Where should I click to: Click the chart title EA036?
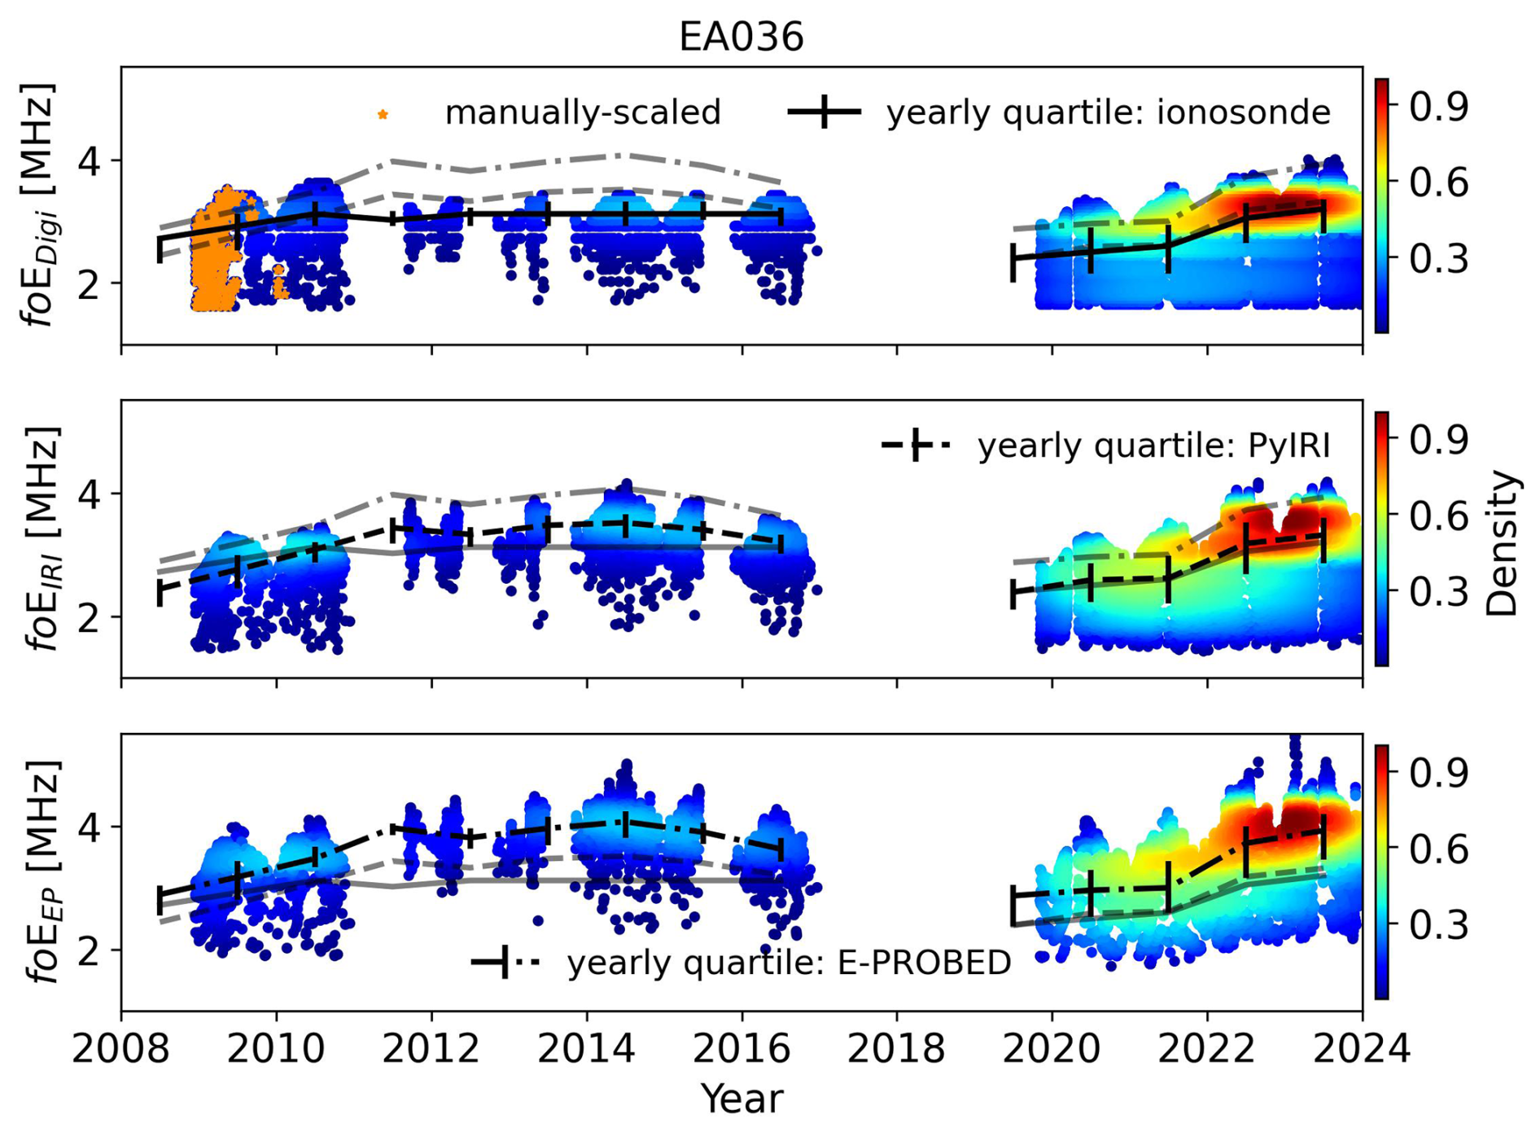click(741, 37)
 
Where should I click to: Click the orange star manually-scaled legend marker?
click(383, 114)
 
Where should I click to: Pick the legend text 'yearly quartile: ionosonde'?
click(1109, 112)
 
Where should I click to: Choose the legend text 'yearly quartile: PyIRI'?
click(1153, 445)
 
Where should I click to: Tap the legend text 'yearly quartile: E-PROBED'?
click(789, 963)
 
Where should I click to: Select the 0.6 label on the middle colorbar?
click(1439, 516)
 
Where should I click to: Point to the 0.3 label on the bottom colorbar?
click(1439, 924)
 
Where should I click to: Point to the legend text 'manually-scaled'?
click(583, 112)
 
